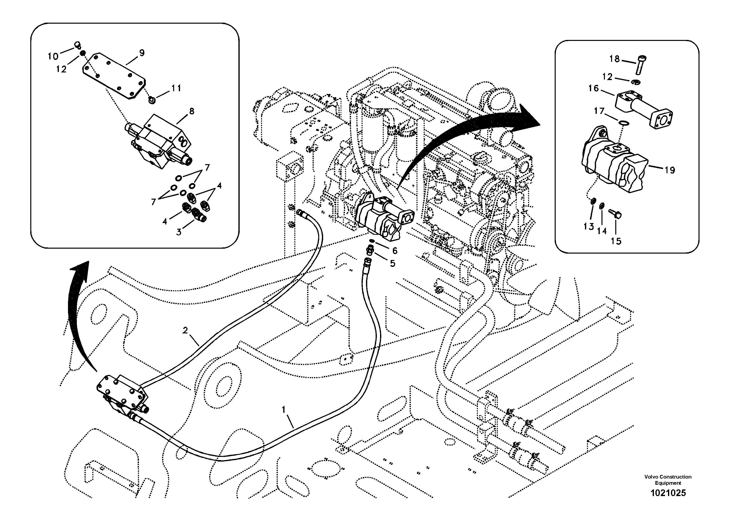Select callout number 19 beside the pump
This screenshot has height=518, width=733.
tap(669, 170)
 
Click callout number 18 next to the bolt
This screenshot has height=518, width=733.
tap(614, 59)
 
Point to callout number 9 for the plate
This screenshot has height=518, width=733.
tap(141, 53)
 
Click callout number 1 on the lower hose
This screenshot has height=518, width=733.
tap(283, 409)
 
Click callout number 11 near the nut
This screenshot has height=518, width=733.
tap(176, 88)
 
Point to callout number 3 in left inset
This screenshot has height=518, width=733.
tap(179, 232)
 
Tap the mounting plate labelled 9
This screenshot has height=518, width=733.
tap(114, 76)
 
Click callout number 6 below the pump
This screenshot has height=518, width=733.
tap(395, 251)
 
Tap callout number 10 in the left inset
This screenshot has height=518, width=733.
tap(53, 56)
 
